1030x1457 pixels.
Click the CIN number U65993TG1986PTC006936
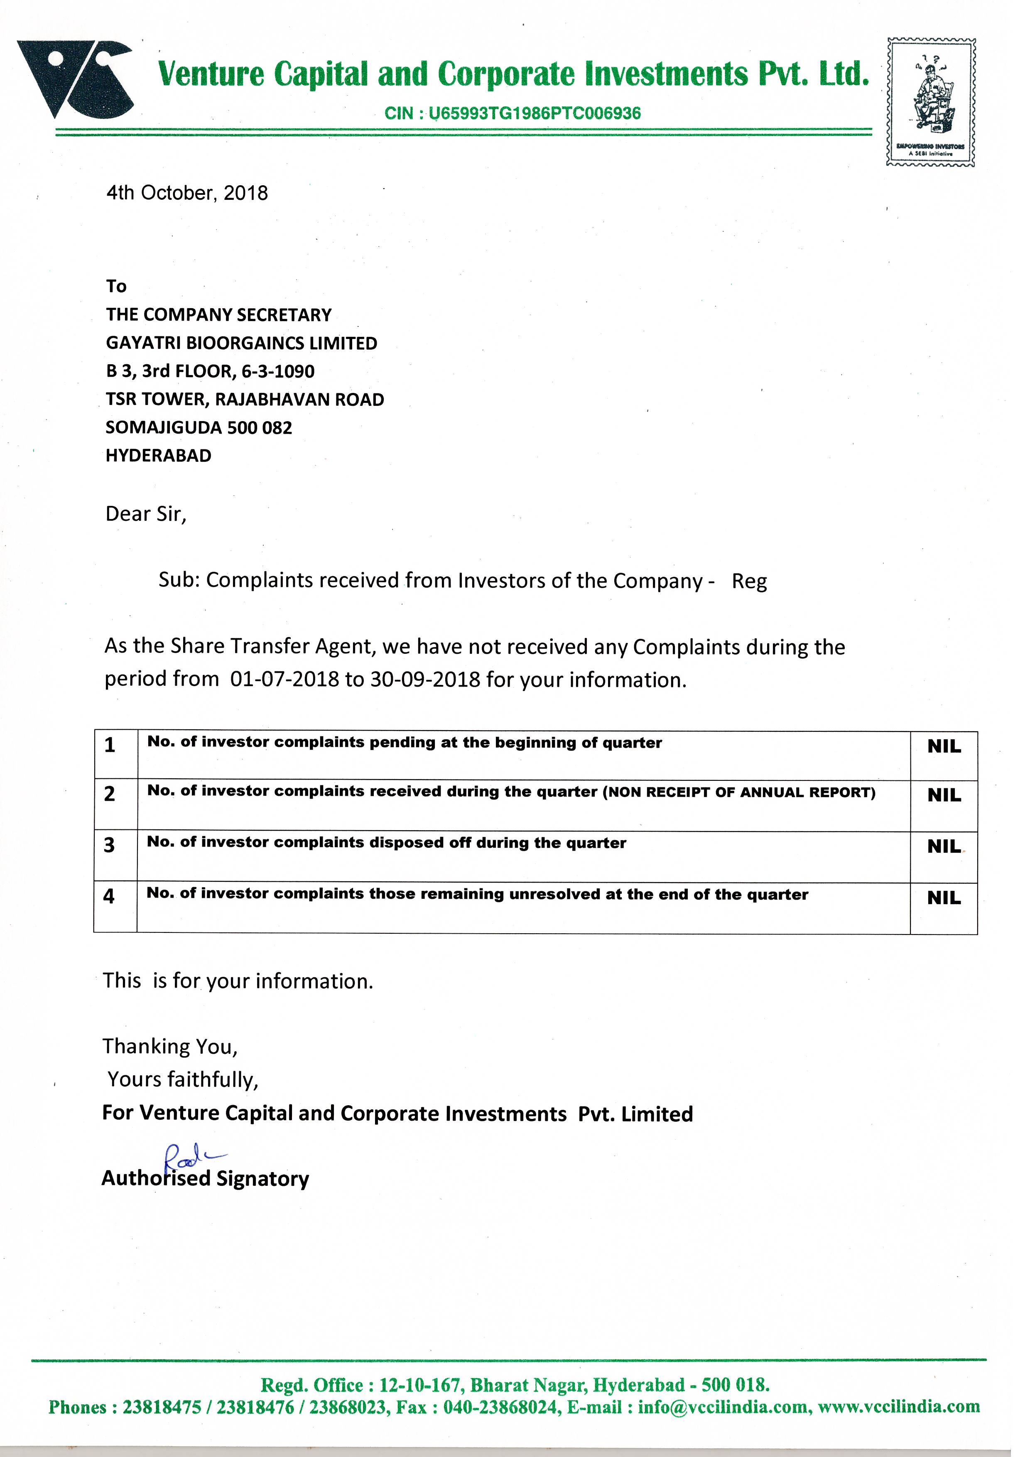tap(535, 113)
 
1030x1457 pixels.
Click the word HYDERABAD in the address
tap(158, 456)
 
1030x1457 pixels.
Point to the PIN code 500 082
tap(260, 428)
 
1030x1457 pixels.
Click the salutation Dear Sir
tap(145, 514)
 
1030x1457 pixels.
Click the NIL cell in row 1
tap(944, 747)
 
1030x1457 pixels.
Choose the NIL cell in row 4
tap(944, 898)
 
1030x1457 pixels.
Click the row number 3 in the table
tap(109, 845)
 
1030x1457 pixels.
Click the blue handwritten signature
tap(190, 1156)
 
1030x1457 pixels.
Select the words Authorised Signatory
tap(205, 1178)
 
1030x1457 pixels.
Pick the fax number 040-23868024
tap(501, 1407)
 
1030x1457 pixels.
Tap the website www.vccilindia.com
tap(899, 1407)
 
